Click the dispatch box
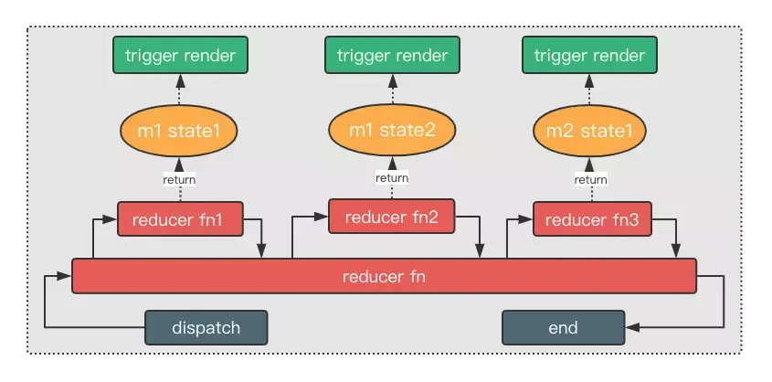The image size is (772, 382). click(206, 327)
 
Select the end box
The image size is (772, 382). click(564, 327)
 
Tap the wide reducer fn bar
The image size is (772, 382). click(384, 276)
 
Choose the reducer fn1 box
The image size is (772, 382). click(180, 218)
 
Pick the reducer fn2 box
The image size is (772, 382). click(391, 216)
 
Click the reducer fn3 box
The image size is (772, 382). click(592, 218)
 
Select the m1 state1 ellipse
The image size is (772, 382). click(179, 131)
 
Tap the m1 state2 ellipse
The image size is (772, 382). click(392, 130)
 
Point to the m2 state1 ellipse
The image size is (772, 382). click(589, 131)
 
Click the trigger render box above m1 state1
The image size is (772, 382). click(180, 55)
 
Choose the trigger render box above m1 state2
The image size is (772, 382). click(392, 55)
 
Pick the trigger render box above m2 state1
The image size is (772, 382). click(589, 55)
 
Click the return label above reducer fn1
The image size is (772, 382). click(179, 180)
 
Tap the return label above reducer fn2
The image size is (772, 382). click(392, 177)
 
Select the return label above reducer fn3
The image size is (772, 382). click(591, 180)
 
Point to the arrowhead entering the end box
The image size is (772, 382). click(632, 327)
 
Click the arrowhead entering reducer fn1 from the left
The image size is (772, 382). click(111, 219)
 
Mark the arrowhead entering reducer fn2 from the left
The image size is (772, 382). click(322, 216)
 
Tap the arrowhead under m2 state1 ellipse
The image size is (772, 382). click(589, 164)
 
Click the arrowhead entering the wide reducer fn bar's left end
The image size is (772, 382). click(65, 276)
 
